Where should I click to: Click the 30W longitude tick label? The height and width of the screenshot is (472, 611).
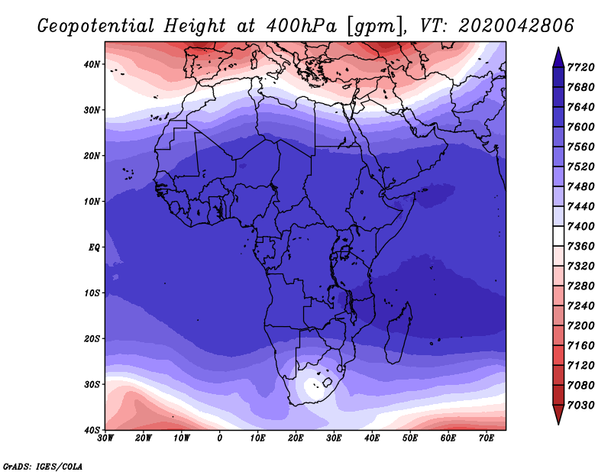pyautogui.click(x=105, y=438)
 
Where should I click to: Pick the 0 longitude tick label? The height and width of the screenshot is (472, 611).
pyautogui.click(x=220, y=438)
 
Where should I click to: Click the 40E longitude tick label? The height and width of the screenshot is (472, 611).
pyautogui.click(x=372, y=438)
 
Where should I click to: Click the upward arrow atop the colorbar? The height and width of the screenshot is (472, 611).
pyautogui.click(x=558, y=56)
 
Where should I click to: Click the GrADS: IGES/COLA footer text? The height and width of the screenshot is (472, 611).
pyautogui.click(x=43, y=465)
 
